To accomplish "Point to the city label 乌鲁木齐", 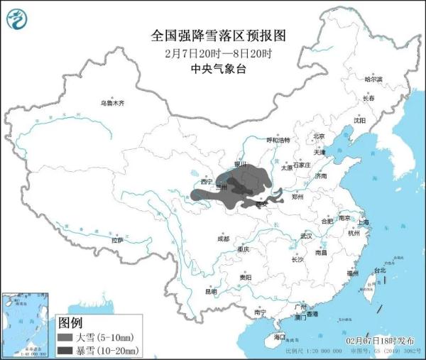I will click(x=111, y=103).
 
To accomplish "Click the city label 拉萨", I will click(x=118, y=240).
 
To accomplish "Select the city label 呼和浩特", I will click(x=278, y=141).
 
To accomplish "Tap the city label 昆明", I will click(x=211, y=291).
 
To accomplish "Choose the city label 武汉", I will click(x=307, y=235).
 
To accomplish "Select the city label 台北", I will click(x=380, y=270).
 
